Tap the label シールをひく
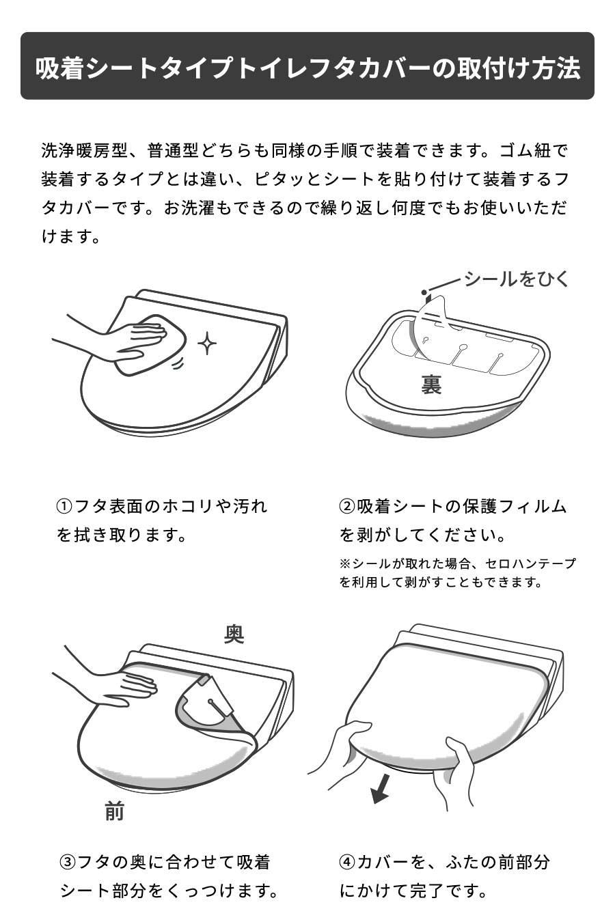516,279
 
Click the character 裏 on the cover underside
430,385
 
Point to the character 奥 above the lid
234,634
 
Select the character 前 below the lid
115,811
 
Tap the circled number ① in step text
64,507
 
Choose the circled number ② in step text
347,507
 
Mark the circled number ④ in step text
347,862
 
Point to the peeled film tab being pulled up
430,314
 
